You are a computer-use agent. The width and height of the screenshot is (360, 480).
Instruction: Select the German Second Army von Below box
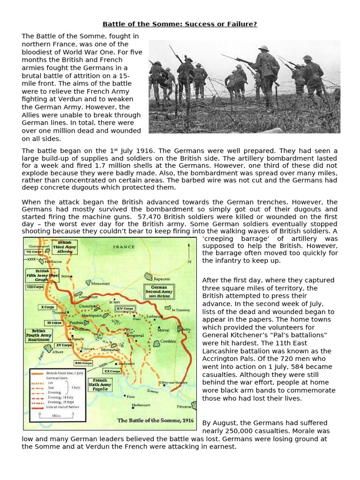159,292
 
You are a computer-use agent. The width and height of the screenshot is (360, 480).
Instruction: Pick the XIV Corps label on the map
126,309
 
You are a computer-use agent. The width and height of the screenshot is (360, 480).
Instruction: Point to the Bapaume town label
160,279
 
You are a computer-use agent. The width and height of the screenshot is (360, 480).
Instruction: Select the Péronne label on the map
185,406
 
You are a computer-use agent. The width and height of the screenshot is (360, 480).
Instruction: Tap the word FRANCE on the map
124,247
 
